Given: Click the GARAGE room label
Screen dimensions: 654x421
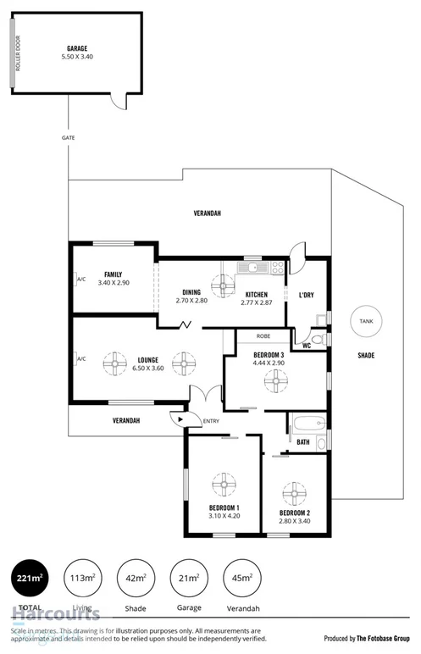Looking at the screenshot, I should point(77,49).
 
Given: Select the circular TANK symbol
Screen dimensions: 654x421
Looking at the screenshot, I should point(366,322).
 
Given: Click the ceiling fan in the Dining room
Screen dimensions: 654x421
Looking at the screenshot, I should point(224,285).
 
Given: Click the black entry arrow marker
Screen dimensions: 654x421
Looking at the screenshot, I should point(176,417).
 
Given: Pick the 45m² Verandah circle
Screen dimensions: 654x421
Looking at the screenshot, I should point(241,579).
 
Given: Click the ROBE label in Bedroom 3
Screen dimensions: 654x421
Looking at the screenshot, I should point(263,335).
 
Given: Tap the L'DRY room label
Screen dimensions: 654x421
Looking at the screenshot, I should point(306,296).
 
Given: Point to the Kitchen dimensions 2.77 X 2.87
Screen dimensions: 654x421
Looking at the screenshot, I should point(255,302).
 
